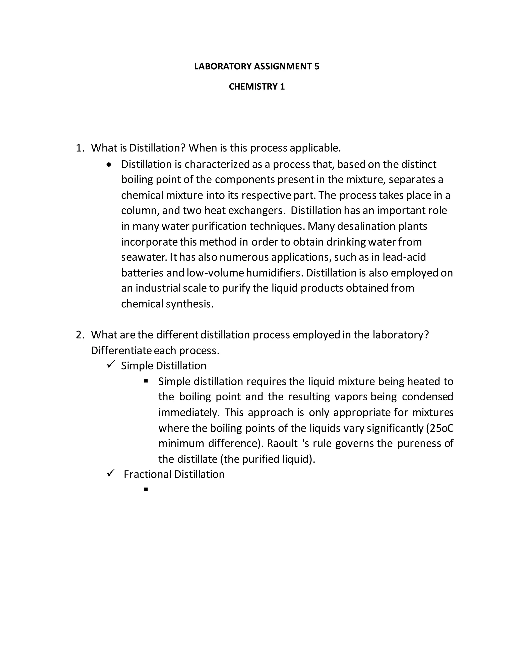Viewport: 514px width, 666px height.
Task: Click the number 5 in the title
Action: pos(317,67)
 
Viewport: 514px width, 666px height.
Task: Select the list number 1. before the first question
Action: pos(80,148)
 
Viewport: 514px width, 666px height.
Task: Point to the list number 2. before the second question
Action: pos(80,335)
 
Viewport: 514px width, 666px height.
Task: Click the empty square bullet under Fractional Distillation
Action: pos(146,489)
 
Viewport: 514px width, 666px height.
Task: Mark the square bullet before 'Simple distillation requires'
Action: pos(146,381)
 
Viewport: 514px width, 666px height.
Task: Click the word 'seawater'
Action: pos(144,257)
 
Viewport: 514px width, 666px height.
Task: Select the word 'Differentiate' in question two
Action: pos(121,351)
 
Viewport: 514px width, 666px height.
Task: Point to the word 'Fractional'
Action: pos(147,474)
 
